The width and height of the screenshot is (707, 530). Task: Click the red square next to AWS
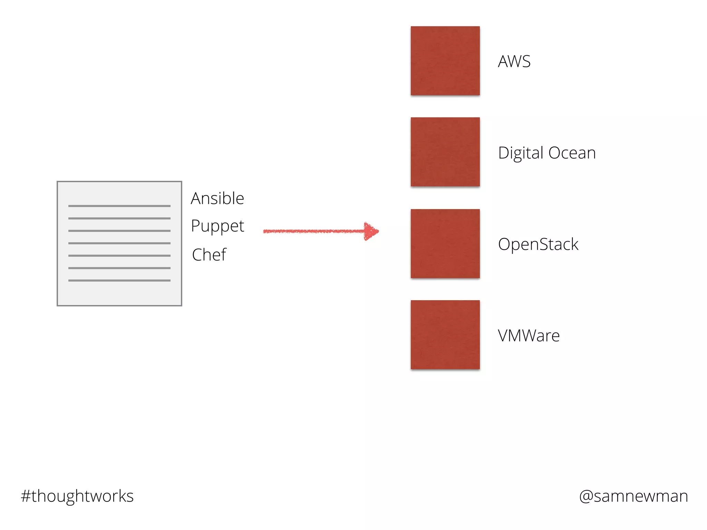pyautogui.click(x=445, y=61)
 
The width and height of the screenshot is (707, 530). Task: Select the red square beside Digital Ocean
pyautogui.click(x=445, y=152)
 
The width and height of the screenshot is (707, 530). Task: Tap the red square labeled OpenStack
pyautogui.click(x=445, y=243)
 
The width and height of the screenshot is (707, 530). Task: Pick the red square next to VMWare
pyautogui.click(x=445, y=334)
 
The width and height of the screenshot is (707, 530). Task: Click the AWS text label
pyautogui.click(x=514, y=61)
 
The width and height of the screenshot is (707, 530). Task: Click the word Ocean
pyautogui.click(x=572, y=153)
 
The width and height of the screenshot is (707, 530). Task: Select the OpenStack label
pyautogui.click(x=538, y=244)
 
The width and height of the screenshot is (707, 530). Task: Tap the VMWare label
pyautogui.click(x=529, y=335)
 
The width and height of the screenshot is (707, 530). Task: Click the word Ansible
pyautogui.click(x=217, y=198)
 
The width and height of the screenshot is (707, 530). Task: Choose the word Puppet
pyautogui.click(x=217, y=226)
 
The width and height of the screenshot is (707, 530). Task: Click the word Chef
pyautogui.click(x=209, y=255)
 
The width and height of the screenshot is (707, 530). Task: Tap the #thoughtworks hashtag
pyautogui.click(x=77, y=496)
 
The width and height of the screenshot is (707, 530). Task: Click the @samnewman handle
pyautogui.click(x=633, y=496)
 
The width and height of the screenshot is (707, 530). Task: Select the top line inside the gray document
pyautogui.click(x=119, y=206)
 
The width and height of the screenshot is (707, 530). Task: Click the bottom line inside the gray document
pyautogui.click(x=119, y=281)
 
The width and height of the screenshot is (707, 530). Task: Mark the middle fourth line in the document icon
pyautogui.click(x=119, y=243)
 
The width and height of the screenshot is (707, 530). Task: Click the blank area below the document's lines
pyautogui.click(x=119, y=293)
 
